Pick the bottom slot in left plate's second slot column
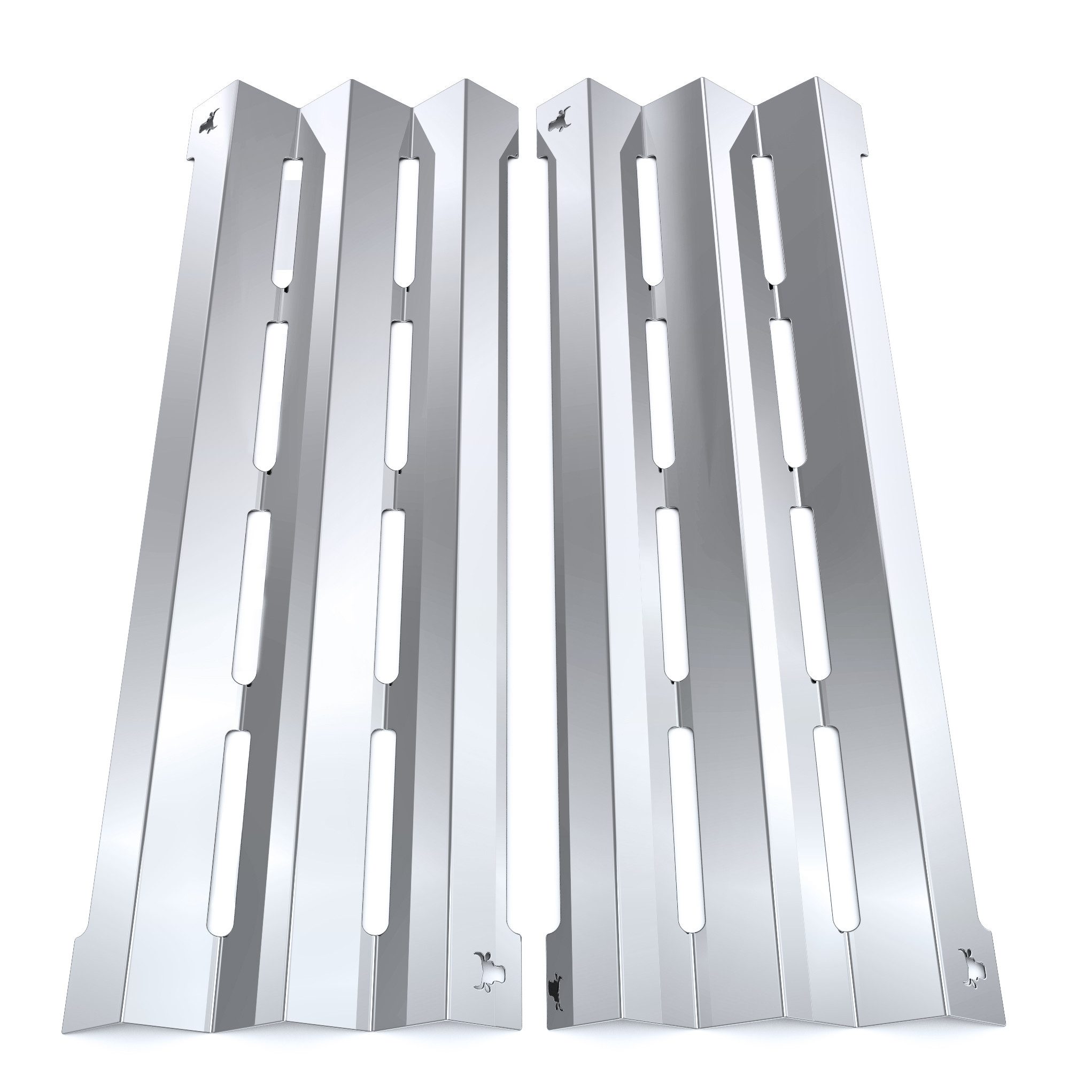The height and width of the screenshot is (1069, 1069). [x=378, y=834]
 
